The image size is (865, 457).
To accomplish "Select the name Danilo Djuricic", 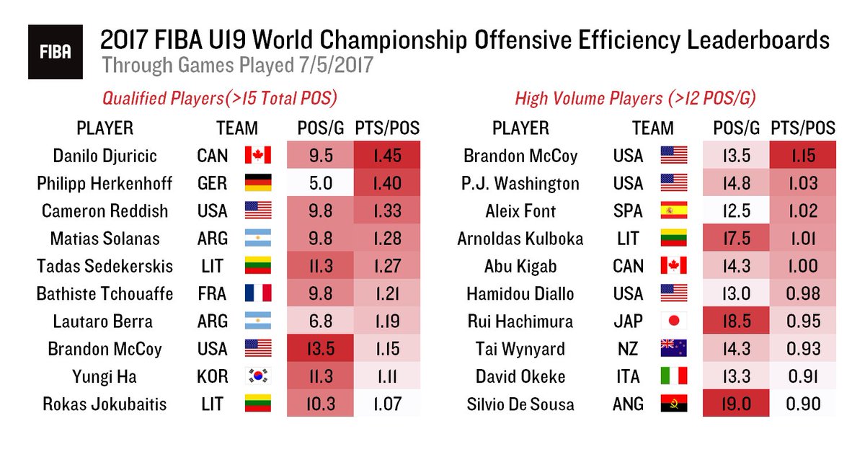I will [x=105, y=155].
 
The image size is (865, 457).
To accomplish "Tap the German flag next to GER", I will [x=257, y=183].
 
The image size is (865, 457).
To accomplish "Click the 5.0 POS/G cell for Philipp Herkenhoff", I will [x=319, y=183].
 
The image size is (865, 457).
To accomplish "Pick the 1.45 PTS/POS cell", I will [x=388, y=155].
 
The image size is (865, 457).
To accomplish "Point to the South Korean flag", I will [x=257, y=376].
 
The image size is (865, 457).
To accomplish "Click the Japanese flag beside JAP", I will [x=673, y=321].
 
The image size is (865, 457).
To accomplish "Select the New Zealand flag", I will [x=673, y=349].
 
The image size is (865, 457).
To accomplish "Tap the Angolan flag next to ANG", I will [x=673, y=404].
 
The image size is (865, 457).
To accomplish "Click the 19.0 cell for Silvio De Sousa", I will [x=735, y=404].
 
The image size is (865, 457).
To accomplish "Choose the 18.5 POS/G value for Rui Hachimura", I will [x=735, y=321].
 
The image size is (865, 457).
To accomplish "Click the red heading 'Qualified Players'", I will [x=220, y=98].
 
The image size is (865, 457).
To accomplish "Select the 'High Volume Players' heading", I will [x=634, y=98].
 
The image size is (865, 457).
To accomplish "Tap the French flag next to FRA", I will [x=257, y=293].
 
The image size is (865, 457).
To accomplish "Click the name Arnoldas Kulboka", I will [x=520, y=238].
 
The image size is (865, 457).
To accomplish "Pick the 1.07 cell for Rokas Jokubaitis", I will [x=388, y=404].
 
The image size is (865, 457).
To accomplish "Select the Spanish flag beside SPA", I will [x=673, y=210].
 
